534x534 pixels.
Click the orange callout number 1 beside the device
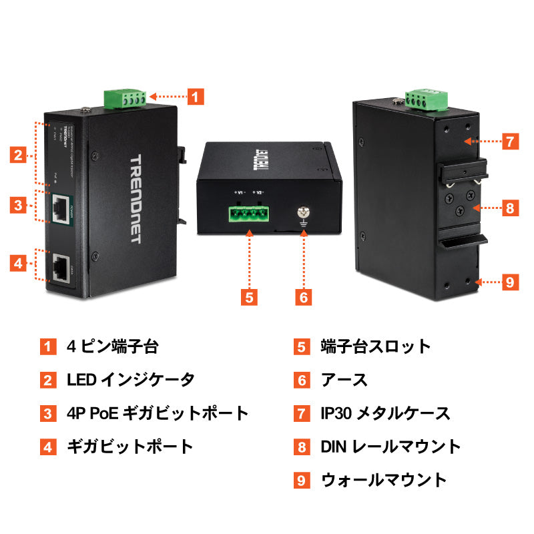(194, 96)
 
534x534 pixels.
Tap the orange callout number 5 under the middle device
(248, 297)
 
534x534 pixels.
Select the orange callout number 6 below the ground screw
(303, 297)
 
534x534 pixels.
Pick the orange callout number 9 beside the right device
(509, 282)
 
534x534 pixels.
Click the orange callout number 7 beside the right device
(509, 142)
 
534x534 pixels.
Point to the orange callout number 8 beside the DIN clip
(509, 208)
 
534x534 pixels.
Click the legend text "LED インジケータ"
(131, 380)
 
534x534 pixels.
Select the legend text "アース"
(344, 380)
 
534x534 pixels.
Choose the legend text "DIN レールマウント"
(390, 447)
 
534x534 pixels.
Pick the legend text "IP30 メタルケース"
(385, 414)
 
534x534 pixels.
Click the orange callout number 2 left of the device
(19, 156)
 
